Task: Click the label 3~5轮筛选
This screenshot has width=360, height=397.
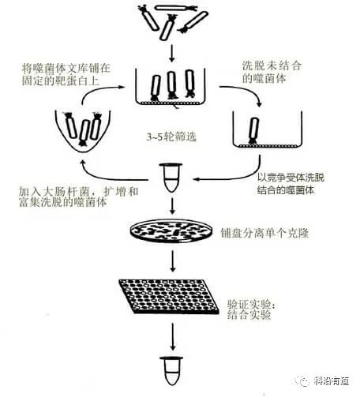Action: [x=173, y=137]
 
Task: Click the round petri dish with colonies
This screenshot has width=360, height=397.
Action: [x=171, y=231]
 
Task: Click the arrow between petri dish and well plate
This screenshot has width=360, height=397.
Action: [x=172, y=260]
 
